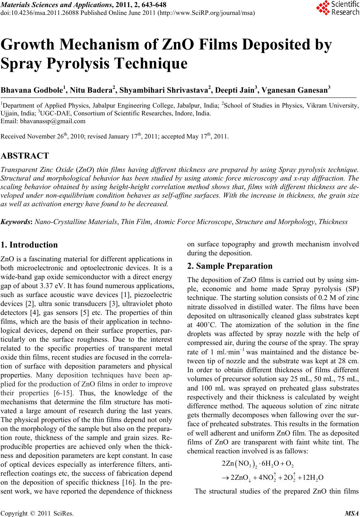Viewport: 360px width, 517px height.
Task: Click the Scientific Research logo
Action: [337, 8]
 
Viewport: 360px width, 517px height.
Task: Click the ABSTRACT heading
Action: [25, 156]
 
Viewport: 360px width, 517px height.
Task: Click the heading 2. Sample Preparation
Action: [230, 266]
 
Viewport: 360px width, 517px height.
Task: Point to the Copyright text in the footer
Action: [37, 513]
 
